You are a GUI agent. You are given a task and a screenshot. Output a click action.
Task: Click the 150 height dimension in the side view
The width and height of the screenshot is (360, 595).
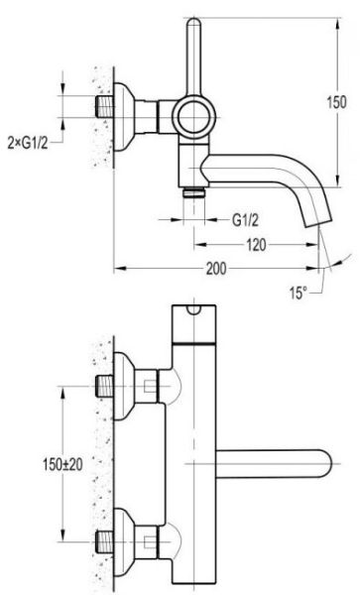click(336, 102)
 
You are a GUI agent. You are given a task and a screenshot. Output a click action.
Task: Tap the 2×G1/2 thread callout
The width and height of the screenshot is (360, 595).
click(28, 143)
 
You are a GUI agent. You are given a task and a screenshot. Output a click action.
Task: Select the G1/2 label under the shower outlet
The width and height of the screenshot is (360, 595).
click(245, 220)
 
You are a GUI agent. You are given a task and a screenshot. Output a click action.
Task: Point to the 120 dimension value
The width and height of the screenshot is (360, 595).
click(256, 245)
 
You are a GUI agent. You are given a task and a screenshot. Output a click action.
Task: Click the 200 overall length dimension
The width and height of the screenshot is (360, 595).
click(216, 269)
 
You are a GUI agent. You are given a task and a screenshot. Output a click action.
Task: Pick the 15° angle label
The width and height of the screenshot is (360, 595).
click(299, 293)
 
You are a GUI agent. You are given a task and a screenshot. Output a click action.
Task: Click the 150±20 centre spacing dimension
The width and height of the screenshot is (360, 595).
click(62, 464)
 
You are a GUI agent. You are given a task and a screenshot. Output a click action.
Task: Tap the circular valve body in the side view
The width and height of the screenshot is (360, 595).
click(194, 117)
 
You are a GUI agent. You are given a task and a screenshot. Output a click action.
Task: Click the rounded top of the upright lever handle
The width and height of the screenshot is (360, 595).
click(193, 24)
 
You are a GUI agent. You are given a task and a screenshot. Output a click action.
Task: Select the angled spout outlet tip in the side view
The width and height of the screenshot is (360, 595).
click(318, 224)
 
